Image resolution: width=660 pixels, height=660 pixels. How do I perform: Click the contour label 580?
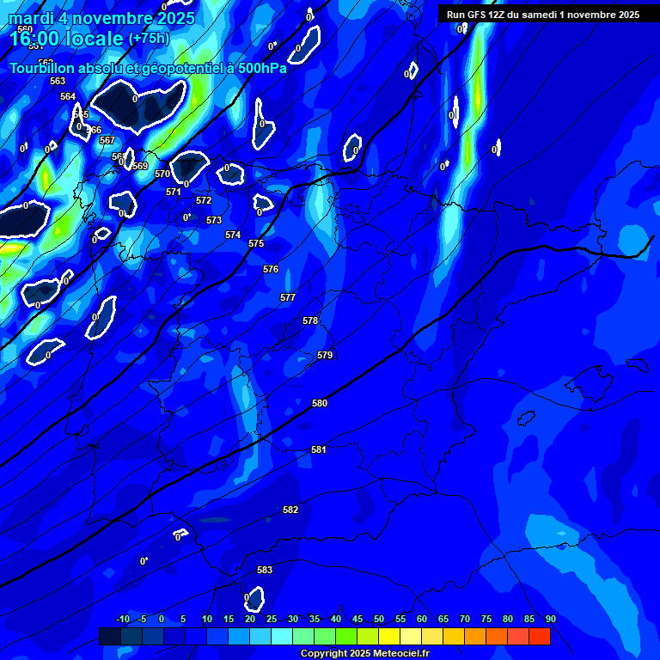[x=320, y=403]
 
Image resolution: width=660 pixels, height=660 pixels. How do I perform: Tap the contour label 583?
[x=265, y=570]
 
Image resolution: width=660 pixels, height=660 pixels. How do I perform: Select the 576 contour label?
[x=271, y=269]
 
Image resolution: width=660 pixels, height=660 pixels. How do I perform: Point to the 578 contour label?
[x=310, y=321]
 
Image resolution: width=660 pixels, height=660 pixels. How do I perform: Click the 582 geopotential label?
[x=290, y=510]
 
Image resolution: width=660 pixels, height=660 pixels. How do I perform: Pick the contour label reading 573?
[x=214, y=221]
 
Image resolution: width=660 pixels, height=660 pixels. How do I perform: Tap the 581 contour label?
[x=319, y=449]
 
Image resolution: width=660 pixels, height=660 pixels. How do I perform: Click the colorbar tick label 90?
[x=550, y=619]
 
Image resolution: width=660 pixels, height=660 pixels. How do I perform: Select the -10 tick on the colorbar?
[x=122, y=619]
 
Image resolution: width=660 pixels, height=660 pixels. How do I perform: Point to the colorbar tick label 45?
[x=357, y=619]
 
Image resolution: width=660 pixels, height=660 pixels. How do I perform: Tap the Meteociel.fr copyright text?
[x=364, y=653]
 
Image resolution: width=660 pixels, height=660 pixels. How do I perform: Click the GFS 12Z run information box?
[x=542, y=15]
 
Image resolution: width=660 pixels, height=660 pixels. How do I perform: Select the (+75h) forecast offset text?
[x=149, y=39]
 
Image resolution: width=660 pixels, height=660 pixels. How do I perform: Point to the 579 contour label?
[x=325, y=355]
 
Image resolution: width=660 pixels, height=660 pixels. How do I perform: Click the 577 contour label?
[x=288, y=297]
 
